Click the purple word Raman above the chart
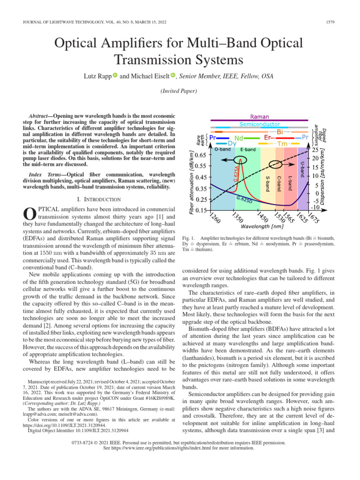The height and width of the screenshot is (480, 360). point(259,116)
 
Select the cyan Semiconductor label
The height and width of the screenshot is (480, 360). point(260,125)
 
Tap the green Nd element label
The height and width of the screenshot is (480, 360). point(239,138)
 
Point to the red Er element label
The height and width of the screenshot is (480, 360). point(268,138)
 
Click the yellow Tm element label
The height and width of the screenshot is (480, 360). point(282,144)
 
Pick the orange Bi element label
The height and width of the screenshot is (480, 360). point(280,132)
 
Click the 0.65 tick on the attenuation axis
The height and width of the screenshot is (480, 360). point(200,155)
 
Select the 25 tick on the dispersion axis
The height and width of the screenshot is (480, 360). point(315,150)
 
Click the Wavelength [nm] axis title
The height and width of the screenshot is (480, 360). point(259,226)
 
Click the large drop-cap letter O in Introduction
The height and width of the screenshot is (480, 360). point(30,213)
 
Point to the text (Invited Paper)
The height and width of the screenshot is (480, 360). point(180,90)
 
